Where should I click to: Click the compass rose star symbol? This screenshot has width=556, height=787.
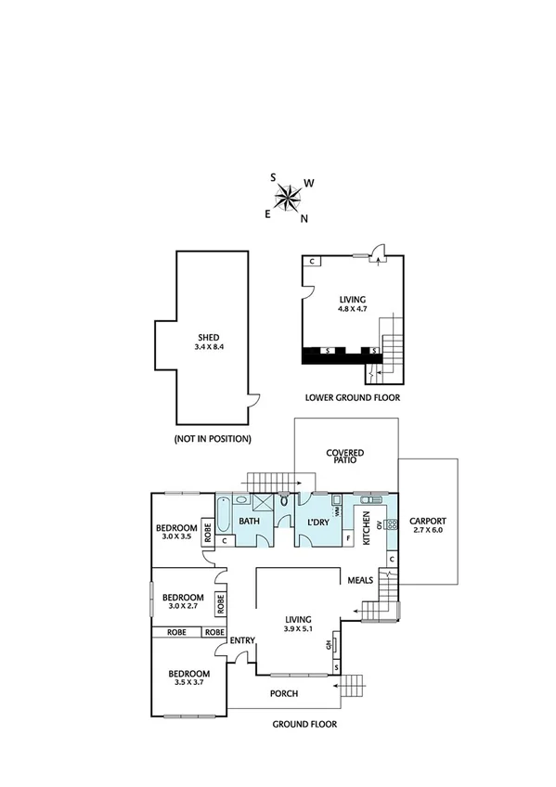click(288, 197)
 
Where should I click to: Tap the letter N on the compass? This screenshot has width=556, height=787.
click(304, 219)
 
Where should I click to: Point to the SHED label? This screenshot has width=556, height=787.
click(207, 338)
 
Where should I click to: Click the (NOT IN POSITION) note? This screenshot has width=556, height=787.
click(212, 438)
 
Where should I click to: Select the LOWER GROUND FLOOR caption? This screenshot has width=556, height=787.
click(352, 397)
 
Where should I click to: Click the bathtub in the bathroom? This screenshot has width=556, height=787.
click(225, 513)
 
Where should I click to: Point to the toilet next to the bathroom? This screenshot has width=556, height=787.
click(284, 501)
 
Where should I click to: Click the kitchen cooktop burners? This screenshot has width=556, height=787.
click(392, 524)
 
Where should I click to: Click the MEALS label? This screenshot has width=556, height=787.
click(360, 580)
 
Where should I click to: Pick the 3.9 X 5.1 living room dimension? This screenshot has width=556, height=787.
click(297, 628)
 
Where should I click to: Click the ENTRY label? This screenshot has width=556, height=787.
click(242, 639)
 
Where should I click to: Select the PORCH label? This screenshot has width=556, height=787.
click(283, 692)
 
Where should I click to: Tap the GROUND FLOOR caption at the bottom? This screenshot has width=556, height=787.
click(304, 724)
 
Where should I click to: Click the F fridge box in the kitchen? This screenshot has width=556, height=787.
click(347, 538)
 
